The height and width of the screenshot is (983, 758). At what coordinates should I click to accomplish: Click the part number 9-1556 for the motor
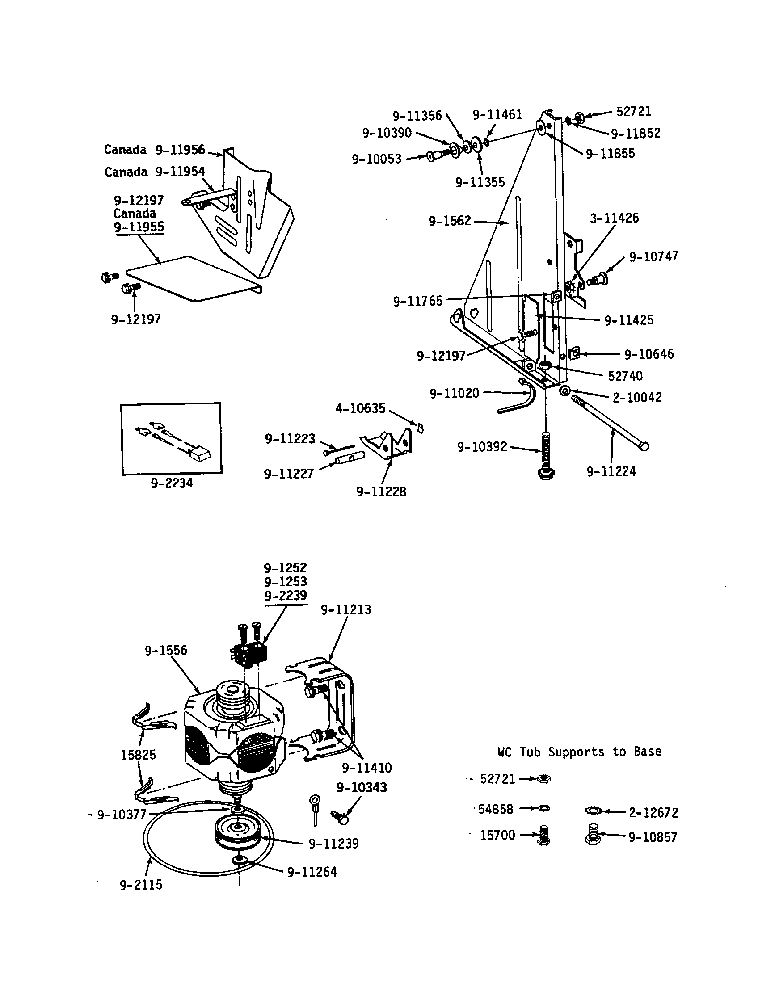[x=166, y=651]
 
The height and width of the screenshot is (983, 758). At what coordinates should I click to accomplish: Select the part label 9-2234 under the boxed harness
[x=172, y=483]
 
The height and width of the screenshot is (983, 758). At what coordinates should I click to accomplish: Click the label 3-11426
[x=615, y=218]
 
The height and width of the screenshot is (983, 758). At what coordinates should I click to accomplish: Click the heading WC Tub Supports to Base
[x=579, y=752]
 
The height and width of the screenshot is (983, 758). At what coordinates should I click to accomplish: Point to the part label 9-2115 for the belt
[x=141, y=885]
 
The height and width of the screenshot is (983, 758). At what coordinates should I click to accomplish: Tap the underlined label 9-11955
[x=139, y=227]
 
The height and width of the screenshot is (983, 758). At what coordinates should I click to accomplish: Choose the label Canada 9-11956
[x=154, y=149]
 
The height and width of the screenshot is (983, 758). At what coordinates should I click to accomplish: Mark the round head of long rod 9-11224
[x=644, y=446]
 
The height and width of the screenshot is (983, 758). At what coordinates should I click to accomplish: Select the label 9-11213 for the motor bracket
[x=345, y=610]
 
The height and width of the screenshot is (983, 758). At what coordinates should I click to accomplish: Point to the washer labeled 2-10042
[x=564, y=391]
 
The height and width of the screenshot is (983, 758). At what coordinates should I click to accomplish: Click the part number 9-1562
[x=449, y=221]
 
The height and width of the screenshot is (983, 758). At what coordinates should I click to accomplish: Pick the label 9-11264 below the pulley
[x=312, y=872]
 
